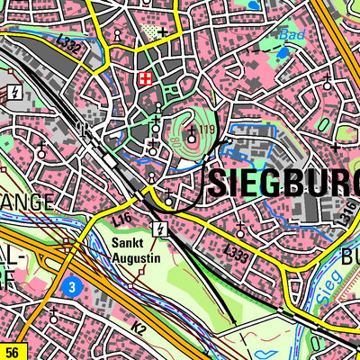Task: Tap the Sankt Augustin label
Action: pos(135,250)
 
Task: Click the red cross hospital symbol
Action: pos(144,81)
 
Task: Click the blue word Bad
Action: pos(289,35)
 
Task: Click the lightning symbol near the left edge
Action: pos(15,91)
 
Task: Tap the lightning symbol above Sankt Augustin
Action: pos(159,228)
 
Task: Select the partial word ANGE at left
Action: pos(27,200)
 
